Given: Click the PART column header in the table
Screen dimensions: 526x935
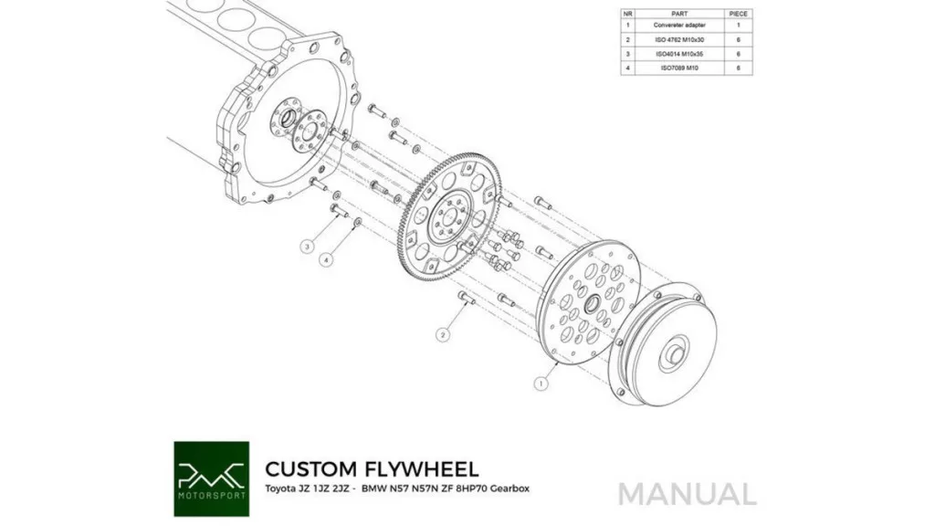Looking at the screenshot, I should [679, 14].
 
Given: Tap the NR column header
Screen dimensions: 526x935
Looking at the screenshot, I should [628, 14].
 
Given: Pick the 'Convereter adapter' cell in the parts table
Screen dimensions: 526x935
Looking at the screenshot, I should [679, 26].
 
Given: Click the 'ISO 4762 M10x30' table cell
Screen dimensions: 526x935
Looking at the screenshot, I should [679, 40].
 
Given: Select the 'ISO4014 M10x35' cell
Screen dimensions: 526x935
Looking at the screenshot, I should [679, 54].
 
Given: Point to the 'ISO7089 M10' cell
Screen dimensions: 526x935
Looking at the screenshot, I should [679, 68].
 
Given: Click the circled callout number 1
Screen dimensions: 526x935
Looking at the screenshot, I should [541, 384].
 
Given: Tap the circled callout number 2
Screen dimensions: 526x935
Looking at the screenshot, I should [443, 335].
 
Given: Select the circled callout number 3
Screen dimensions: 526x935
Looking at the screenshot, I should [310, 247].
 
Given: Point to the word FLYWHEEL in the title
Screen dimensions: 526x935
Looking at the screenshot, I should [422, 469].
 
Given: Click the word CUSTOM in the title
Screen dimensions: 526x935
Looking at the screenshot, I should [311, 469].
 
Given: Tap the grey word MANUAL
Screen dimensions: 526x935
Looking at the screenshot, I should [687, 494].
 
